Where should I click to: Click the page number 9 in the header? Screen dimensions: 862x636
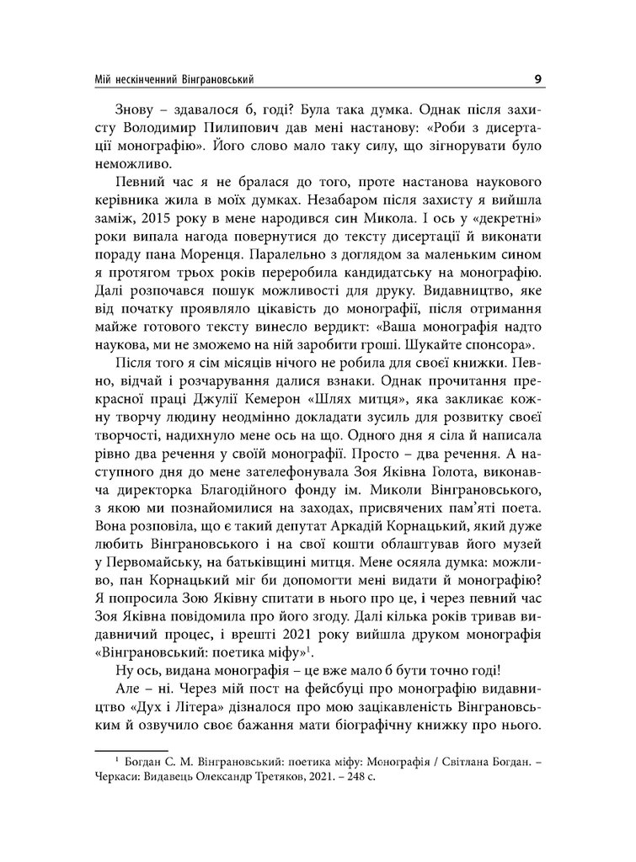tap(537, 80)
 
